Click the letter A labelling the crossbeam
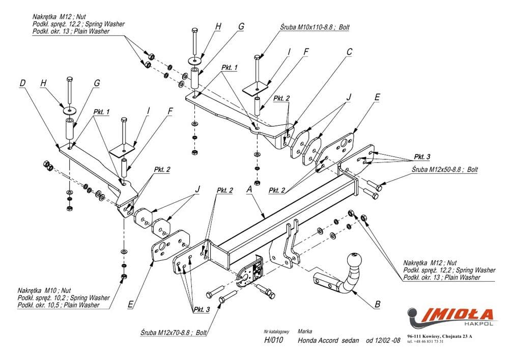(249, 189)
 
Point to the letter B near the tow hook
(377, 304)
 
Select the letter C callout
(350, 51)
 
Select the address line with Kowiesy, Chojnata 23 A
(440, 336)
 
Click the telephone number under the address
(426, 342)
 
